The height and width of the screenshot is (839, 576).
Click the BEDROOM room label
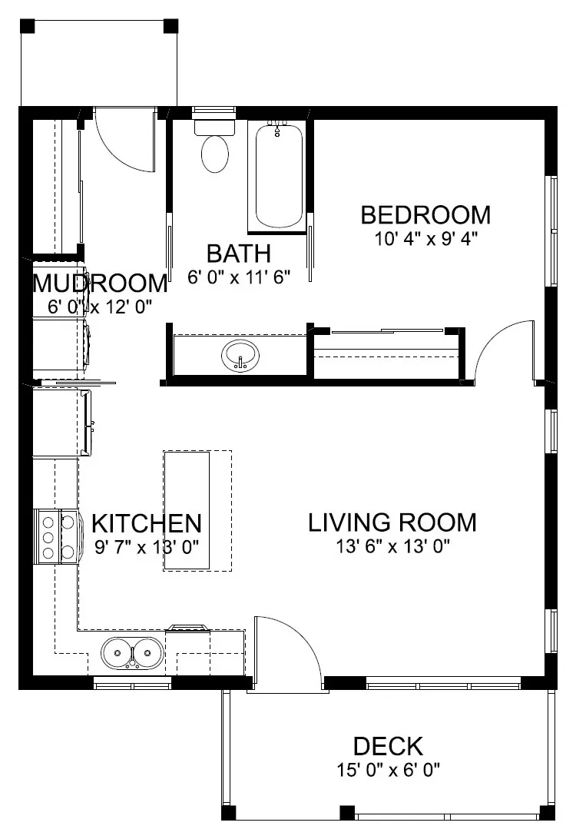pyautogui.click(x=425, y=214)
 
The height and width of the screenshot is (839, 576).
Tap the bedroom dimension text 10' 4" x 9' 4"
pyautogui.click(x=425, y=238)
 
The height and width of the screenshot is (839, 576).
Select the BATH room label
pyautogui.click(x=238, y=253)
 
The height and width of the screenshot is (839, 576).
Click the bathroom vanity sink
pyautogui.click(x=241, y=356)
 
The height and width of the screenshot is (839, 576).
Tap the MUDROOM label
pyautogui.click(x=100, y=284)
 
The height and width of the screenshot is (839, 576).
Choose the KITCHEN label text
pyautogui.click(x=146, y=524)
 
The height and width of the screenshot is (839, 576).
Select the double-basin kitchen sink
pyautogui.click(x=131, y=653)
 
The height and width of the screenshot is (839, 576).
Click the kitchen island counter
pyautogui.click(x=187, y=511)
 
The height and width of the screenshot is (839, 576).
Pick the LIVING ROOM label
pyautogui.click(x=392, y=522)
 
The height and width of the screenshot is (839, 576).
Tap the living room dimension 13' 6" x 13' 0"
pyautogui.click(x=392, y=546)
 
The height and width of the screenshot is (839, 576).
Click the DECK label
pyautogui.click(x=388, y=746)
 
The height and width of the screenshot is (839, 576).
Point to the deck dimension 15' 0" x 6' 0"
pyautogui.click(x=388, y=769)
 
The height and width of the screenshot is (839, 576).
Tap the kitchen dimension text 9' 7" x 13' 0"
pyautogui.click(x=146, y=547)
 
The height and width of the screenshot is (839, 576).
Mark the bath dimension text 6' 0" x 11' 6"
pyautogui.click(x=238, y=277)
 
